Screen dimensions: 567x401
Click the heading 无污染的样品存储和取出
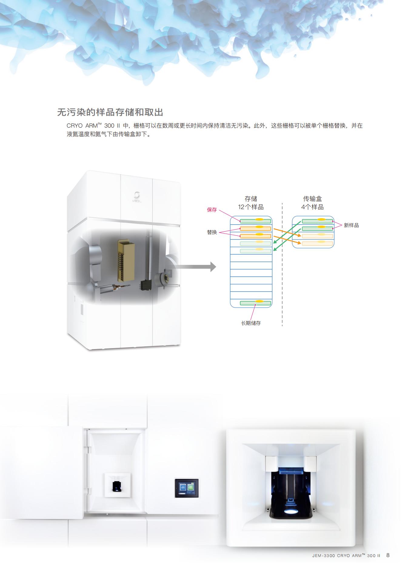point(110,112)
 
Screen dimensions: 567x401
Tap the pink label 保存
point(212,210)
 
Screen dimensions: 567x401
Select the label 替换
point(212,232)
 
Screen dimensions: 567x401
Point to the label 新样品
point(351,225)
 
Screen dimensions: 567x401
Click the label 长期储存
point(251,323)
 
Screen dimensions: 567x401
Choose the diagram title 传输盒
point(312,199)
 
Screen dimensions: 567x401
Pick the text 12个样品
point(251,207)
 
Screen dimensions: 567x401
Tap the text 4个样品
point(312,207)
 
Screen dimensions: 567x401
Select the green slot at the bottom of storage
point(256,303)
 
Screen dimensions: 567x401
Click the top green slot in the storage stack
point(256,221)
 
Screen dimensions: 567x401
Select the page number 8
point(388,555)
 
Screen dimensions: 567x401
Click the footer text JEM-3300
point(323,556)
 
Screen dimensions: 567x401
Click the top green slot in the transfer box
point(317,221)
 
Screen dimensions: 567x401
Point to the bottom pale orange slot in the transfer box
point(317,243)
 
